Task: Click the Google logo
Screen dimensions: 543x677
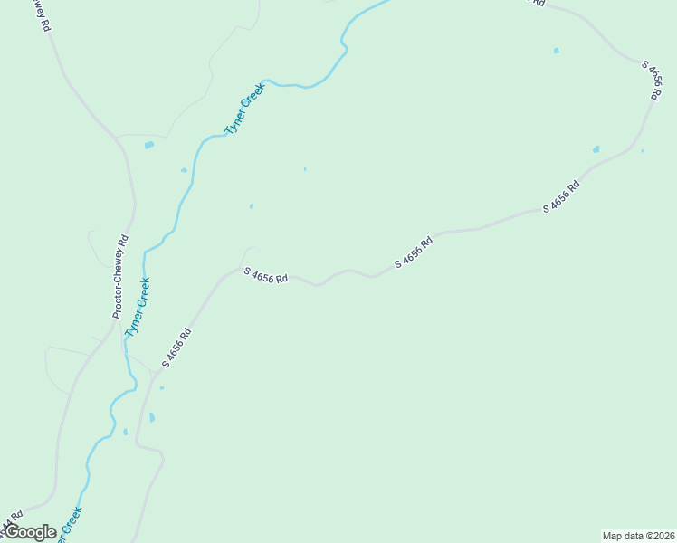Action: tap(30, 532)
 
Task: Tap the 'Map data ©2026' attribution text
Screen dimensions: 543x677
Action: tap(638, 536)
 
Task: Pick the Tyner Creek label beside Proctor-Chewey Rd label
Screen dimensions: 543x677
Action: tap(138, 308)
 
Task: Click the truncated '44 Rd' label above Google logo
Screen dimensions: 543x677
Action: tap(10, 524)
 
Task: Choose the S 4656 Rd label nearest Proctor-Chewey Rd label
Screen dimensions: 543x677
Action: tap(176, 348)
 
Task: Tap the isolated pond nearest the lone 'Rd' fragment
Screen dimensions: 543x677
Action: tap(556, 51)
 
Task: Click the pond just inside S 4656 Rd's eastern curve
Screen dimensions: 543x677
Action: tap(596, 149)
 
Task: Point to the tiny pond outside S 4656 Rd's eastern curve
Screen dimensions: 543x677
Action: tap(643, 151)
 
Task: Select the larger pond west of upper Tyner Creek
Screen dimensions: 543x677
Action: tap(149, 145)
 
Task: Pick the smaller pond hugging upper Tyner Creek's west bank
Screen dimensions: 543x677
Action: tap(184, 170)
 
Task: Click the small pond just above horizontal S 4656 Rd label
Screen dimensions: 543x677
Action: tap(251, 206)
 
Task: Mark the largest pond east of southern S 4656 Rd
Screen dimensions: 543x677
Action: tap(152, 417)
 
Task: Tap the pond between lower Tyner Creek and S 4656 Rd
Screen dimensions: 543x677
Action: tap(125, 432)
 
